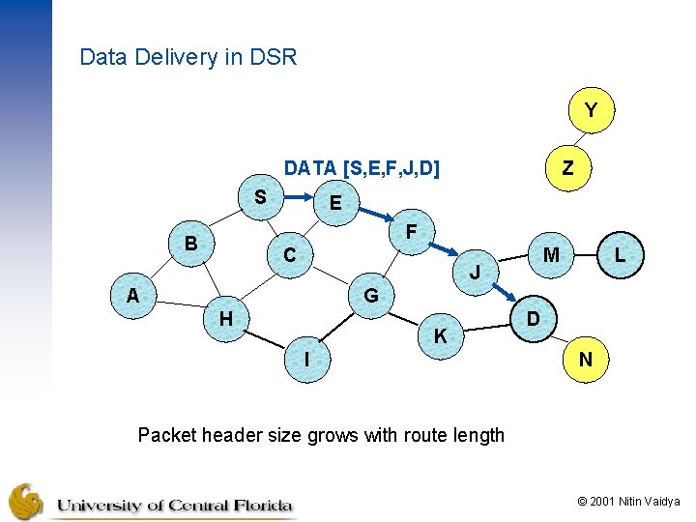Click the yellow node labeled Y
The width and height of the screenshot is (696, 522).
[591, 111]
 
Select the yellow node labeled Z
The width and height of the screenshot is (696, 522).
[567, 167]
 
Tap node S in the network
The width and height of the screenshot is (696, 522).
[260, 197]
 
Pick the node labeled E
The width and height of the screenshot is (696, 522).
[334, 203]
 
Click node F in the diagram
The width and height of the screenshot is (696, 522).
[412, 232]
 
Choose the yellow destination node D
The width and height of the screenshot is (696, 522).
[533, 318]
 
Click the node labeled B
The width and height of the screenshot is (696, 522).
[191, 243]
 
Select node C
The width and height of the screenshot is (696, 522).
[289, 256]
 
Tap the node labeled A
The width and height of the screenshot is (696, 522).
[132, 296]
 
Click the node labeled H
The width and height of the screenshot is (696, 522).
[225, 317]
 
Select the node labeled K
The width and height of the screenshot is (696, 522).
[440, 336]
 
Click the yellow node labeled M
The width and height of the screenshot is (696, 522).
[551, 255]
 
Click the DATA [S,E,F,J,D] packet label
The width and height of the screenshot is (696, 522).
[362, 169]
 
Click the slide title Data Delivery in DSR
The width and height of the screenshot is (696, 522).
[188, 57]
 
